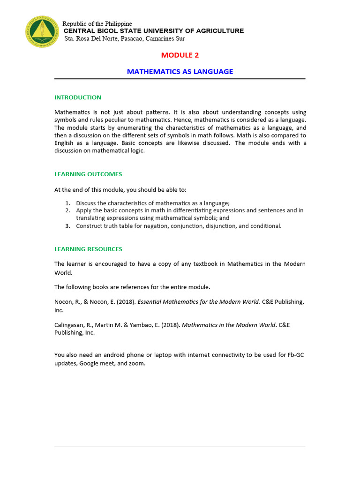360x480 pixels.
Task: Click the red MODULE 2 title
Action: tap(180, 55)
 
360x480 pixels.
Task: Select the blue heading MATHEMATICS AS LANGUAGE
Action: tap(180, 72)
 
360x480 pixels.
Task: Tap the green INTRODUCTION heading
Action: tap(78, 97)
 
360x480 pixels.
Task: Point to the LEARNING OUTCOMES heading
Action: tap(88, 174)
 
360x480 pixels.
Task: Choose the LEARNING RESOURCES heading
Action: tap(88, 249)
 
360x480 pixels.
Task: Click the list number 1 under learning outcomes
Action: tap(67, 203)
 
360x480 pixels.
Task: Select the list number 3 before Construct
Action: tap(67, 226)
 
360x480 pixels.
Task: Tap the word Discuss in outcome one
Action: tap(87, 203)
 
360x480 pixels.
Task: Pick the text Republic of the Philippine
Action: tap(97, 24)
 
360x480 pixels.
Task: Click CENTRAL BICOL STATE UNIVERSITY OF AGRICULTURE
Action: tap(154, 31)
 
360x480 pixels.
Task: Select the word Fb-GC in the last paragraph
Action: tap(297, 355)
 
